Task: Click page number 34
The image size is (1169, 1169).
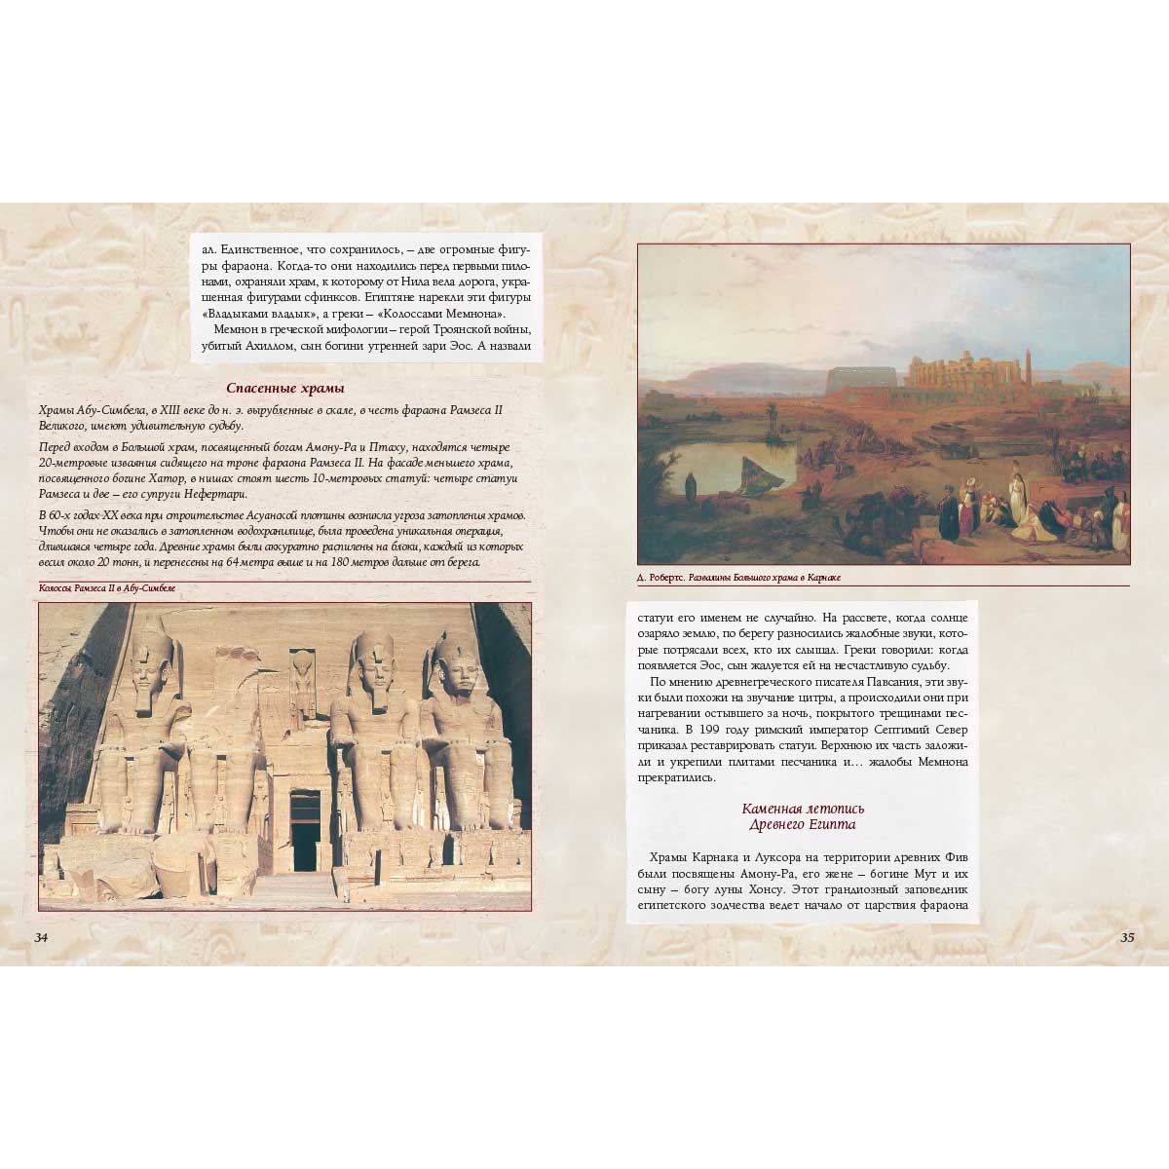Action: click(41, 937)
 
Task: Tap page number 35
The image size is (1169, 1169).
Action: click(1127, 937)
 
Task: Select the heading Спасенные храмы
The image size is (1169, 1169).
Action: click(279, 388)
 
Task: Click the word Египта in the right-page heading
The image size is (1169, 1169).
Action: click(828, 825)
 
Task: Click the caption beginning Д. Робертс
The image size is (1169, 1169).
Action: click(738, 578)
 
